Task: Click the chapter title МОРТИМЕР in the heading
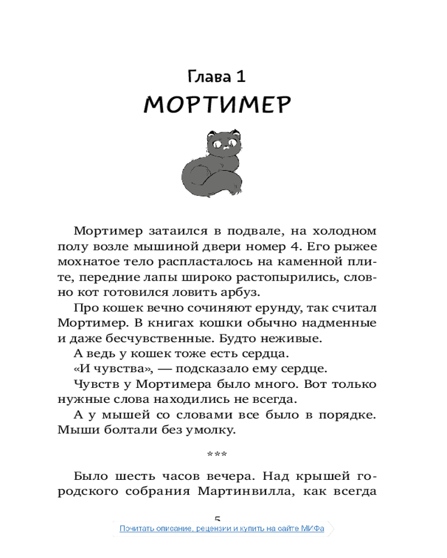click(x=217, y=104)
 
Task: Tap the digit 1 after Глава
click(x=240, y=76)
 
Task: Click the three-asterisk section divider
click(x=217, y=455)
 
